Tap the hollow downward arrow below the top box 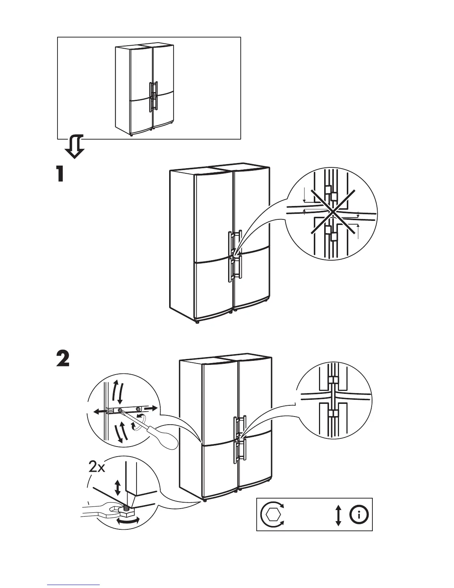(x=74, y=147)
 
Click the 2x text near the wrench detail (x=97, y=467)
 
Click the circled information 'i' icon (x=359, y=514)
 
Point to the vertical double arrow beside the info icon (x=338, y=514)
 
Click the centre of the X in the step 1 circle (x=333, y=212)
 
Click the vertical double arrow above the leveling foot (x=118, y=487)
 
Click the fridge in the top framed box (x=145, y=89)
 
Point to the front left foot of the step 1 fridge (x=197, y=322)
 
